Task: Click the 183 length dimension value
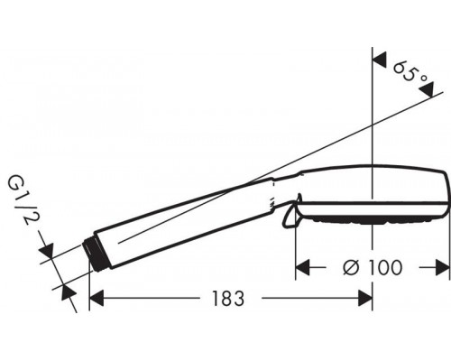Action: [228, 298]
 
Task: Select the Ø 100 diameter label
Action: [373, 267]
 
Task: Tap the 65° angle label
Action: [410, 74]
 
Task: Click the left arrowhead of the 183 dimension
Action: [97, 298]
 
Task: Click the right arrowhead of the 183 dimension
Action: [365, 298]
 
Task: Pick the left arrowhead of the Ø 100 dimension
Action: [303, 267]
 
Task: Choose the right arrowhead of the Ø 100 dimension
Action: [443, 267]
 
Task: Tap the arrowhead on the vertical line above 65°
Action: [380, 60]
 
